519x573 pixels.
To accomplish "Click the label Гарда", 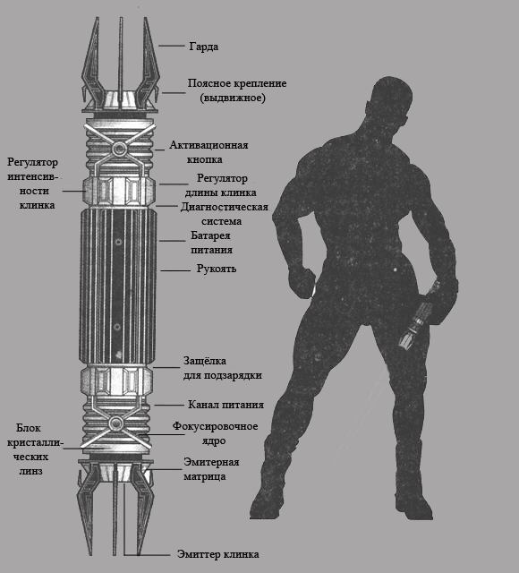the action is (x=204, y=47).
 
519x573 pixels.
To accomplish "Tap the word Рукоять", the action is (x=217, y=269).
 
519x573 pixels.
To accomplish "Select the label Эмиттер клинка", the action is (x=218, y=554).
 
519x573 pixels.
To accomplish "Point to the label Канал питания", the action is (x=225, y=405).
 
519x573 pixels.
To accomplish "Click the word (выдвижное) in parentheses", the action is (x=233, y=98).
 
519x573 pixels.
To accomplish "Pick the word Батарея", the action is (x=210, y=235).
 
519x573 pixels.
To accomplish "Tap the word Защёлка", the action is (x=205, y=361).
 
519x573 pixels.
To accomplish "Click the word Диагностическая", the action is (x=225, y=207).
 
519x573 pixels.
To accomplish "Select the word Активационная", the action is (x=208, y=145).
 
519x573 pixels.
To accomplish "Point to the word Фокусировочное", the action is (x=215, y=426).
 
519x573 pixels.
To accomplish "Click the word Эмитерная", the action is (x=211, y=462).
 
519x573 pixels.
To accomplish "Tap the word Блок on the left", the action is (x=29, y=428).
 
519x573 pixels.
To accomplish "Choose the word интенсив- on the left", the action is (x=33, y=176).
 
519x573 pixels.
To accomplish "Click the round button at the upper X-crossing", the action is (x=119, y=149).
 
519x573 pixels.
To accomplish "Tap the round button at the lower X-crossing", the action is (x=116, y=423).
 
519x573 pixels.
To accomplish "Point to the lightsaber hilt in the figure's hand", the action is (x=418, y=315).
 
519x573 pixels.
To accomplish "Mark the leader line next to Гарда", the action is (x=171, y=46).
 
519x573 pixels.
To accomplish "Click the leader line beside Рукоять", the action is (x=175, y=270).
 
